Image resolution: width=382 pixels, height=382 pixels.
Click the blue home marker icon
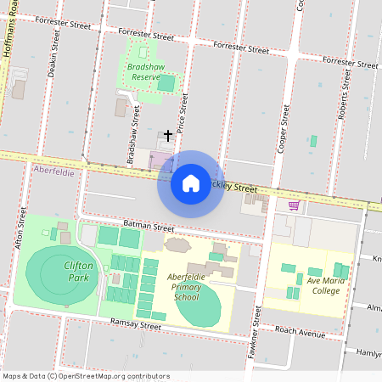(x=191, y=183)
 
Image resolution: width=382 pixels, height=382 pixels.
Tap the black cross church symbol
(x=168, y=135)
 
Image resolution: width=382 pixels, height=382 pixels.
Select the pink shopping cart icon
(x=294, y=205)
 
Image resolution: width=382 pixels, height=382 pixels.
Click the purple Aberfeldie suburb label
(x=53, y=171)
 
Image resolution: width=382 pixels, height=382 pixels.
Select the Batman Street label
(x=148, y=226)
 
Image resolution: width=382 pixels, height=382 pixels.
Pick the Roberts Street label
(x=345, y=94)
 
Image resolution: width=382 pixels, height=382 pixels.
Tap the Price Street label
(x=183, y=109)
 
